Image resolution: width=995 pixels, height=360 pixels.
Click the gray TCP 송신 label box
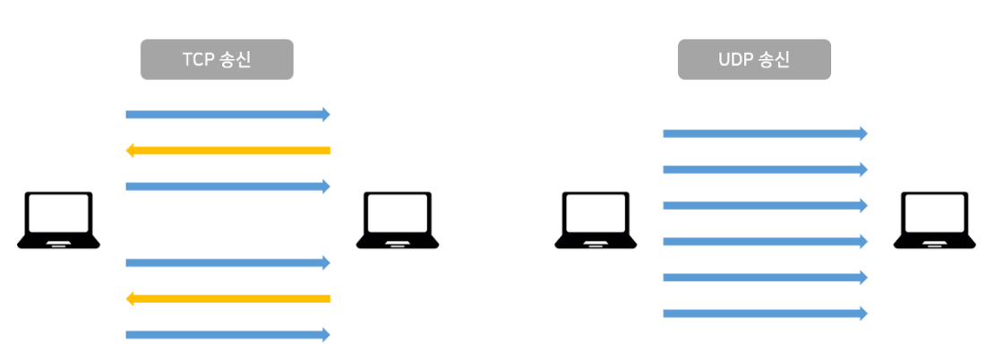coord(218,60)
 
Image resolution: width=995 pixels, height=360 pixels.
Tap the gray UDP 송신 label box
coord(754,60)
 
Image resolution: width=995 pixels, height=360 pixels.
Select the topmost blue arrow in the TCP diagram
coord(227,115)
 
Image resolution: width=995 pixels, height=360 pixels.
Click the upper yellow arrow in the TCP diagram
coord(227,150)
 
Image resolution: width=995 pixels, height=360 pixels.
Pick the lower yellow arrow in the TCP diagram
coord(227,298)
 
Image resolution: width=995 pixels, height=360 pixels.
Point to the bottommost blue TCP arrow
coord(227,335)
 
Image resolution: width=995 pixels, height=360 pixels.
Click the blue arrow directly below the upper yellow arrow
coord(227,186)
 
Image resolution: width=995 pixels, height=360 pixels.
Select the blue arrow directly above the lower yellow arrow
coord(227,262)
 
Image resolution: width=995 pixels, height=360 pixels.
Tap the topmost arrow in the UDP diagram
coord(765,133)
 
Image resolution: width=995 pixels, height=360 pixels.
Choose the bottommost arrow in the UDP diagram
coord(765,313)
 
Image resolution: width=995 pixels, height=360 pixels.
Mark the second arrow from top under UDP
coord(765,169)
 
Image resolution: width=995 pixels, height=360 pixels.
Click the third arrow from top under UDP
coord(765,205)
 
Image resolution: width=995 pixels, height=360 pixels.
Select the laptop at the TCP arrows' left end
coord(59,219)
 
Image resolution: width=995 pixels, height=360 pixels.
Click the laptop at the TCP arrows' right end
coord(398,219)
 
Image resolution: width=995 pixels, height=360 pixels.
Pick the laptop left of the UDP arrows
coord(596,219)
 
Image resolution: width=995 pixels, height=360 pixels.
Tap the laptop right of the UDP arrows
coord(934,219)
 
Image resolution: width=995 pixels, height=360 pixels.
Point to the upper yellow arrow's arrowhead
coord(131,150)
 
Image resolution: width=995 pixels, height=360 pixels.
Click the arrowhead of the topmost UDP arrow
coord(863,133)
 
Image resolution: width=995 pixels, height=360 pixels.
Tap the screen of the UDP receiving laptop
coord(934,214)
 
